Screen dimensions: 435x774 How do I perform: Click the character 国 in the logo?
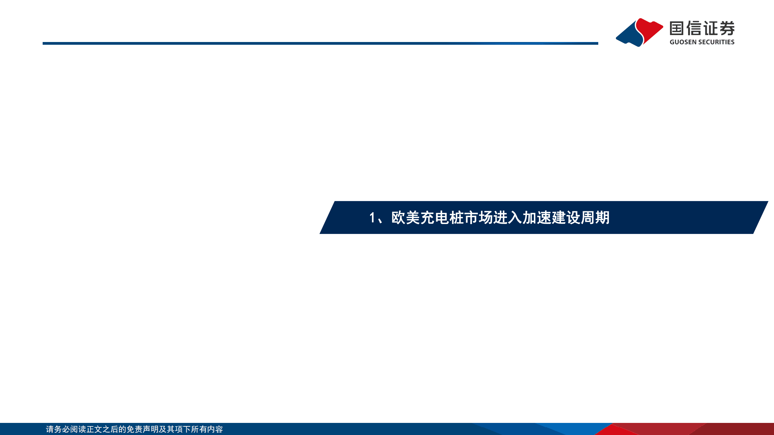677,28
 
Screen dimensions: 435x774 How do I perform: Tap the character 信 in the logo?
694,28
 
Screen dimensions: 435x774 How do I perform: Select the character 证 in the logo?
710,28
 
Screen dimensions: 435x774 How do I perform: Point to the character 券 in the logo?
727,28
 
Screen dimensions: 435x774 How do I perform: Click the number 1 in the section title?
372,218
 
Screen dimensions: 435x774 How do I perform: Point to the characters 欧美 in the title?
406,218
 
